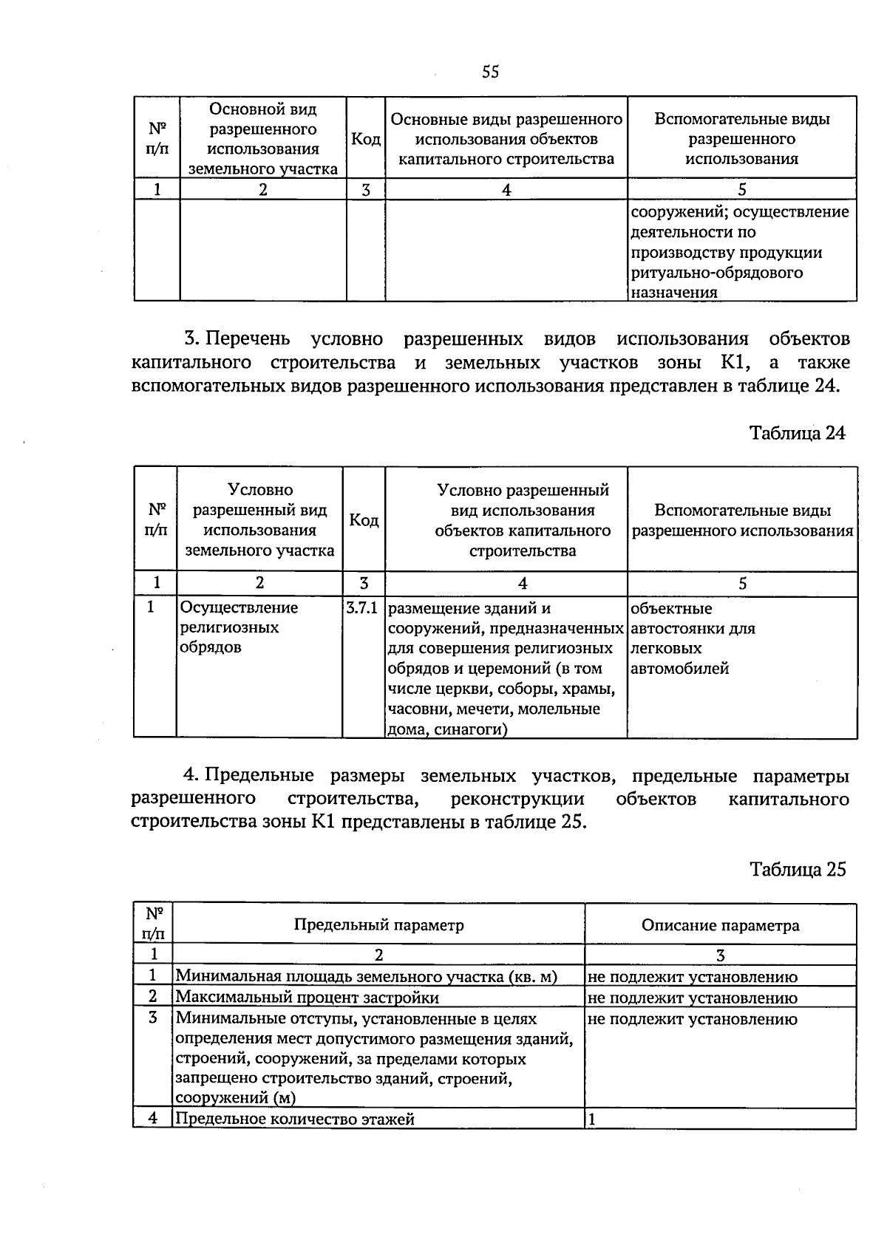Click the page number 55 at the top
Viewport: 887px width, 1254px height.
pos(490,72)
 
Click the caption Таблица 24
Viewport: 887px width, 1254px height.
pos(797,433)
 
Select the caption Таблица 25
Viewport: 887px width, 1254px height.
pos(797,870)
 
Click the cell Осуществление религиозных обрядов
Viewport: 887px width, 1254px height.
pos(239,627)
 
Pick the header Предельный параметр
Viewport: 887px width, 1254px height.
pos(378,925)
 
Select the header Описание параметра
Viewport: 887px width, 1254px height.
pos(720,925)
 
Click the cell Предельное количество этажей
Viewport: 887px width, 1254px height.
pos(295,1119)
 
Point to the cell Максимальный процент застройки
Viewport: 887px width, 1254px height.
pos(307,998)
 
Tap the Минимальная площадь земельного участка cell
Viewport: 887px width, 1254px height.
pos(366,977)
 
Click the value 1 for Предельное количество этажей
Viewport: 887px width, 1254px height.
pos(591,1120)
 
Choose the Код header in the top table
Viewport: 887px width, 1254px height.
pos(365,139)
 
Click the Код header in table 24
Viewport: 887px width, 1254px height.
pos(363,520)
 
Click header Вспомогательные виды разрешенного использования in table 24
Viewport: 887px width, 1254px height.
pos(742,520)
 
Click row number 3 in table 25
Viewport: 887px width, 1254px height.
pos(152,1018)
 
